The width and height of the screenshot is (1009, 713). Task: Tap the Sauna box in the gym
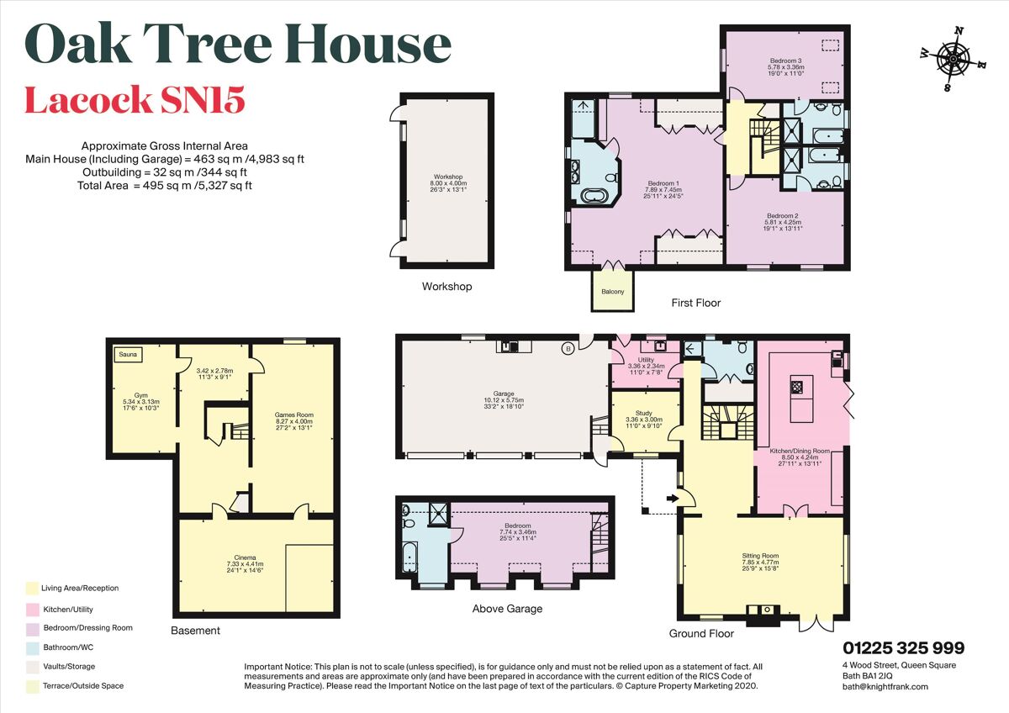pos(128,355)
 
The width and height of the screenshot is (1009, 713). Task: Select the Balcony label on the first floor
pos(612,292)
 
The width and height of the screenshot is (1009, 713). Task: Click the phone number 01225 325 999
pos(904,648)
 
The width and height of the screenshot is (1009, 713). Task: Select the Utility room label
pos(646,360)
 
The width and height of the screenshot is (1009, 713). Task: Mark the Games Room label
pos(293,415)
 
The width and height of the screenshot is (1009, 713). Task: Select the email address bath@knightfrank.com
pos(885,686)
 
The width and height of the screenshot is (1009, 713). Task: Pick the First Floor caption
pos(695,303)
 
